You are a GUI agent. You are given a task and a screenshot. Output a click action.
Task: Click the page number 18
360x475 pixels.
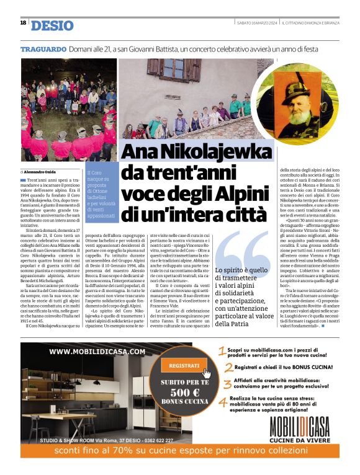click(x=23, y=23)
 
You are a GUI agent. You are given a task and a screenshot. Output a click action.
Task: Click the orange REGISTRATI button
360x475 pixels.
click(x=185, y=366)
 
